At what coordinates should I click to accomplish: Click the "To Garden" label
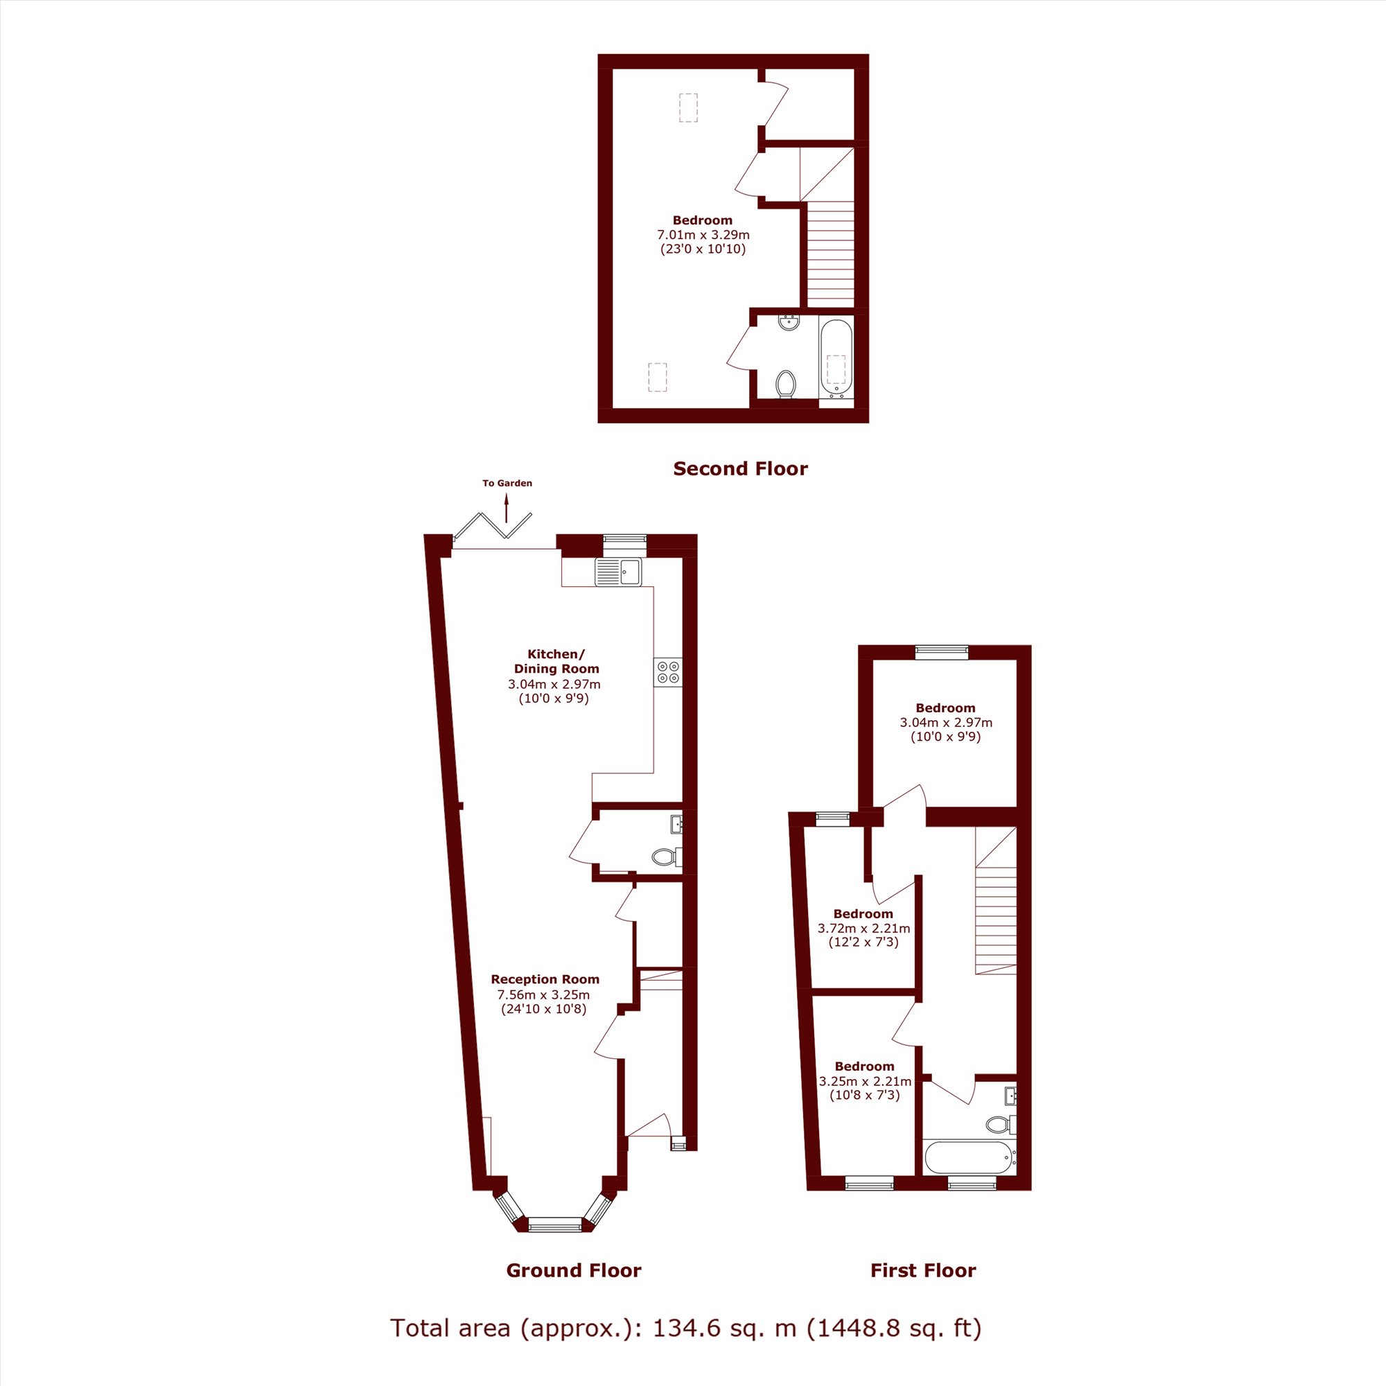[x=507, y=483]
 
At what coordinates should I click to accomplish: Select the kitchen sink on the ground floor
[x=618, y=572]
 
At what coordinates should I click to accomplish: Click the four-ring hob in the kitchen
[x=668, y=672]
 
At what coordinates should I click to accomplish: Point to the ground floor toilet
[x=667, y=857]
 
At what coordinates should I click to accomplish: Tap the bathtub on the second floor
[x=836, y=359]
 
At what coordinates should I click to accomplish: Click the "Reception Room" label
[x=545, y=979]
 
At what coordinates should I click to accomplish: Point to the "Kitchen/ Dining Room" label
[x=556, y=661]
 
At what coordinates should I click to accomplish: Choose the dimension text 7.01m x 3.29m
[x=703, y=235]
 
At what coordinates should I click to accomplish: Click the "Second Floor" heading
[x=740, y=469]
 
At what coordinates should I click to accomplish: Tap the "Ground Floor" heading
[x=574, y=1270]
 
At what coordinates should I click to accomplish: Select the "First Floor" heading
[x=923, y=1270]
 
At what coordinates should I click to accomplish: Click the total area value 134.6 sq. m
[x=725, y=1328]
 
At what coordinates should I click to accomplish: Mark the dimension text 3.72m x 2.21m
[x=863, y=929]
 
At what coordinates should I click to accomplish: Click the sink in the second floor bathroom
[x=789, y=322]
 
